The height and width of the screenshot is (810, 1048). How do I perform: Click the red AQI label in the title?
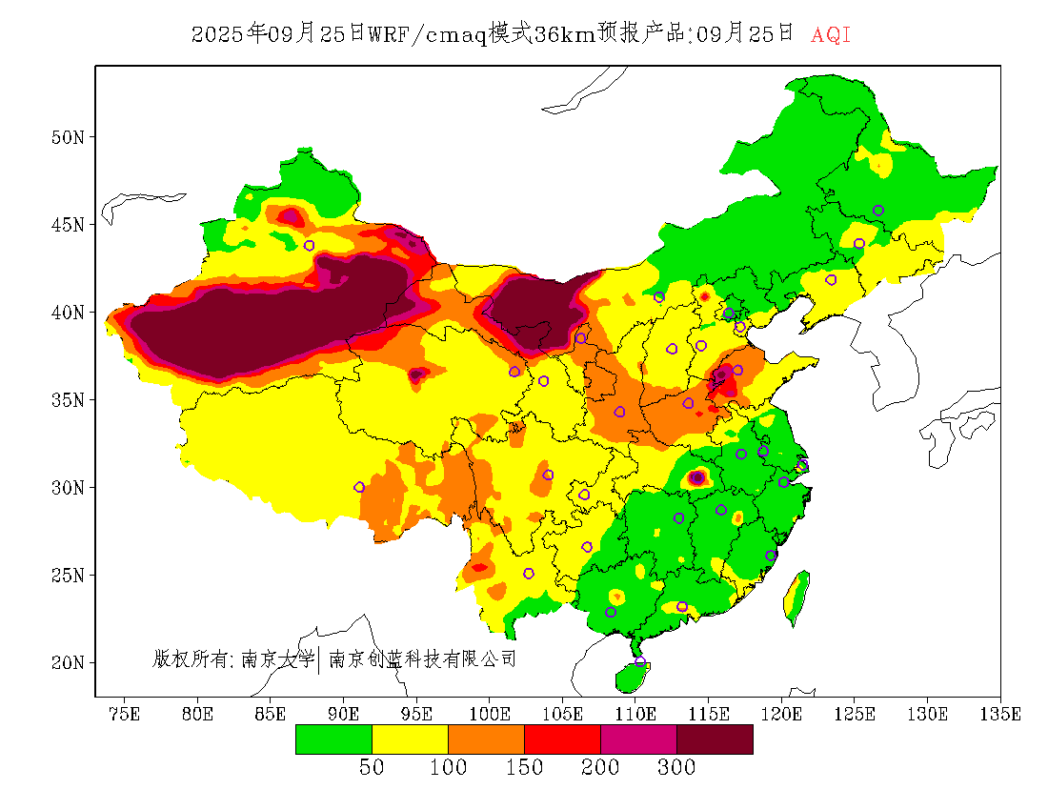click(x=831, y=35)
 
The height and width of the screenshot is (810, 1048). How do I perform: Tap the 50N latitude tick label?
click(x=67, y=137)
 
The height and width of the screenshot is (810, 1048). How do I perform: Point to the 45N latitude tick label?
click(x=67, y=225)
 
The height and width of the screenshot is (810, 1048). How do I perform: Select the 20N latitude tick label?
click(x=67, y=662)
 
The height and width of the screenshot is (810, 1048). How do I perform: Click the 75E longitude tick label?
click(x=125, y=715)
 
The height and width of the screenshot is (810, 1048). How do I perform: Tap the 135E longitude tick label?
click(x=1000, y=715)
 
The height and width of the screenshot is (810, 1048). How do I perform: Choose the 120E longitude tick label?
click(x=781, y=715)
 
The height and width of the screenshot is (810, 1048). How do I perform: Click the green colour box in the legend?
click(x=333, y=739)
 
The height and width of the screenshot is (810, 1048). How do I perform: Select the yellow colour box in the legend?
click(x=410, y=739)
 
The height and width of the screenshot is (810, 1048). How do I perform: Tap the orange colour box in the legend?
click(x=486, y=739)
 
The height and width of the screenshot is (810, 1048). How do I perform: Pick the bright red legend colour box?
click(x=562, y=739)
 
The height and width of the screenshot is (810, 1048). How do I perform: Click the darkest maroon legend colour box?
click(x=715, y=739)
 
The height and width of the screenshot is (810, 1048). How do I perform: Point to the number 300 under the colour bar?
click(x=676, y=768)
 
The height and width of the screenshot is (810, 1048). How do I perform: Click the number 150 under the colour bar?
click(x=524, y=768)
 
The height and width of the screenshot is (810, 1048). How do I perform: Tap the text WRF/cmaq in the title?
click(x=427, y=35)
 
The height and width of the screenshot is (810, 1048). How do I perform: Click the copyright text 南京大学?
click(x=277, y=658)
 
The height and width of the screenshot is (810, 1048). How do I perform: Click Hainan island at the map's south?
click(x=632, y=677)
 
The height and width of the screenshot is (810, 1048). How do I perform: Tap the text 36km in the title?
click(x=564, y=35)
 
